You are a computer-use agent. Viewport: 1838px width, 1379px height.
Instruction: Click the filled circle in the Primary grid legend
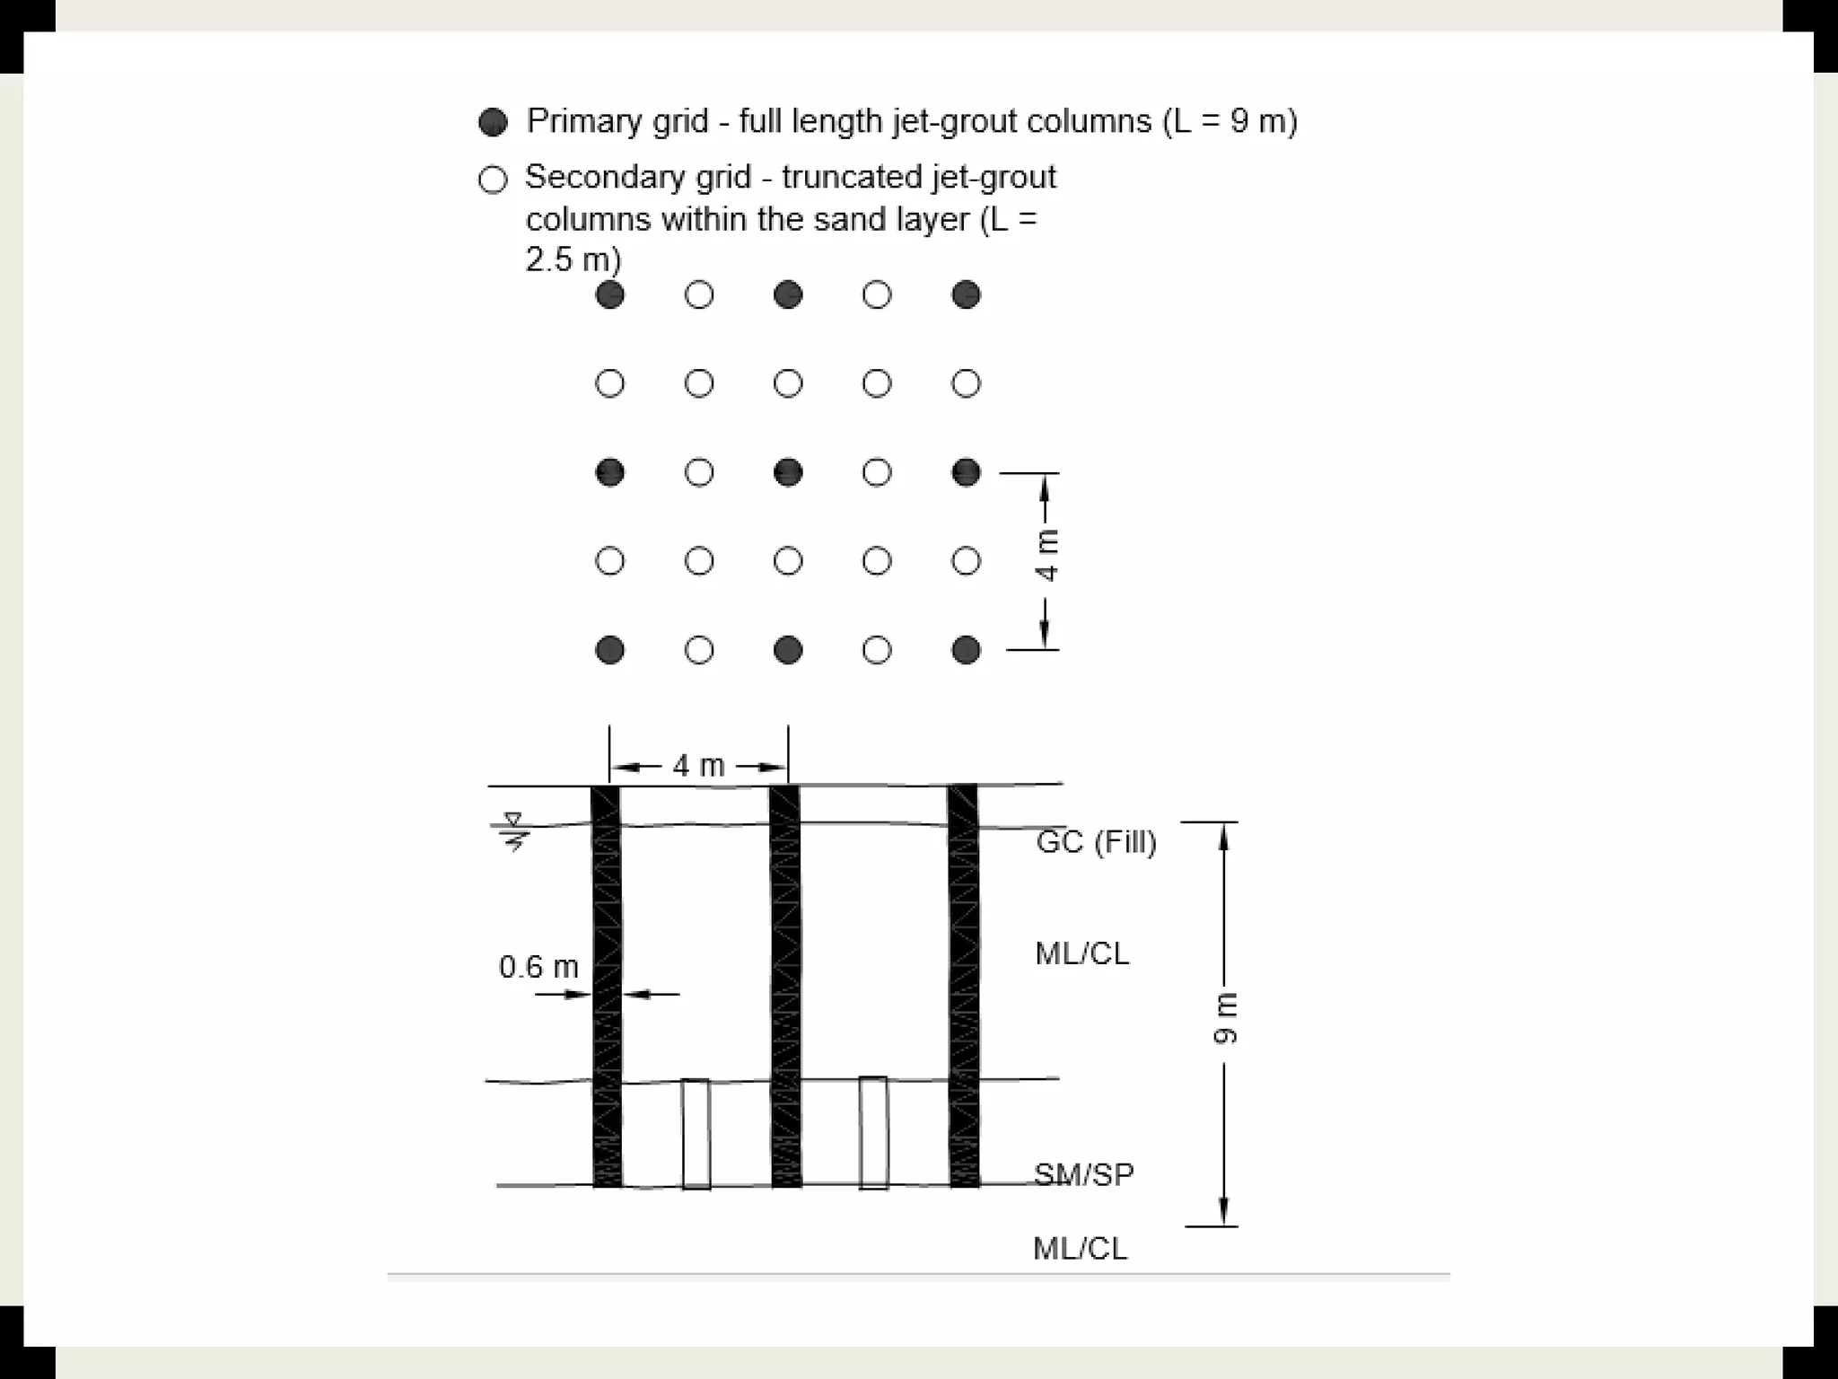[x=493, y=122]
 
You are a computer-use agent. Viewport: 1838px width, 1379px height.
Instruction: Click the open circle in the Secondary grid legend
[x=493, y=180]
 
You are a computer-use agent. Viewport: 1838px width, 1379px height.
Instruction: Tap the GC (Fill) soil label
[x=1096, y=842]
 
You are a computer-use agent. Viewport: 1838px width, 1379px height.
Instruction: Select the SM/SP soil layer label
[x=1084, y=1174]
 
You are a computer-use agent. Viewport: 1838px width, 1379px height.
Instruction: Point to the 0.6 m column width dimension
[x=538, y=967]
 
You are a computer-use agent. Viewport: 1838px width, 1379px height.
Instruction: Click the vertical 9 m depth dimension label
[x=1225, y=1019]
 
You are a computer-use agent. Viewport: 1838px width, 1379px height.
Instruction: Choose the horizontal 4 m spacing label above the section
[x=698, y=766]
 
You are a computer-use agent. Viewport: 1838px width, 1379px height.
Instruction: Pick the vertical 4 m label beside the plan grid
[x=1047, y=555]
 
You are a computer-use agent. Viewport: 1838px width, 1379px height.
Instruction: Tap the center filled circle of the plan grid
[x=788, y=472]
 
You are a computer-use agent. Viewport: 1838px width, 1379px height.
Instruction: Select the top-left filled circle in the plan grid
[x=610, y=294]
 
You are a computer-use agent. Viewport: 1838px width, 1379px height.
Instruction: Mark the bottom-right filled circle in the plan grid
[x=966, y=650]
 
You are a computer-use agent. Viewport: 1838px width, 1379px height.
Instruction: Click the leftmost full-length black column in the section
[x=607, y=986]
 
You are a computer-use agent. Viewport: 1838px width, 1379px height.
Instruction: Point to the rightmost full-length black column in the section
[x=964, y=986]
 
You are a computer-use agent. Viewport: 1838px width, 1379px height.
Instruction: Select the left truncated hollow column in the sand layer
[x=696, y=1134]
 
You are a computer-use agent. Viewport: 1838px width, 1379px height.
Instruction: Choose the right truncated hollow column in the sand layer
[x=873, y=1133]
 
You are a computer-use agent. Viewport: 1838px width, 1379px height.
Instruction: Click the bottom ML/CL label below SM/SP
[x=1080, y=1248]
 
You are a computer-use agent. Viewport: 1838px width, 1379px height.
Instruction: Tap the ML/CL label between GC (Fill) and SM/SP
[x=1081, y=953]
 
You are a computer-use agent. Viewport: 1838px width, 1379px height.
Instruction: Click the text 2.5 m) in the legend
[x=573, y=260]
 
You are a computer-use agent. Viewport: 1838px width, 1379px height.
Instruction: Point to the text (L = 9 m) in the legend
[x=1230, y=121]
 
